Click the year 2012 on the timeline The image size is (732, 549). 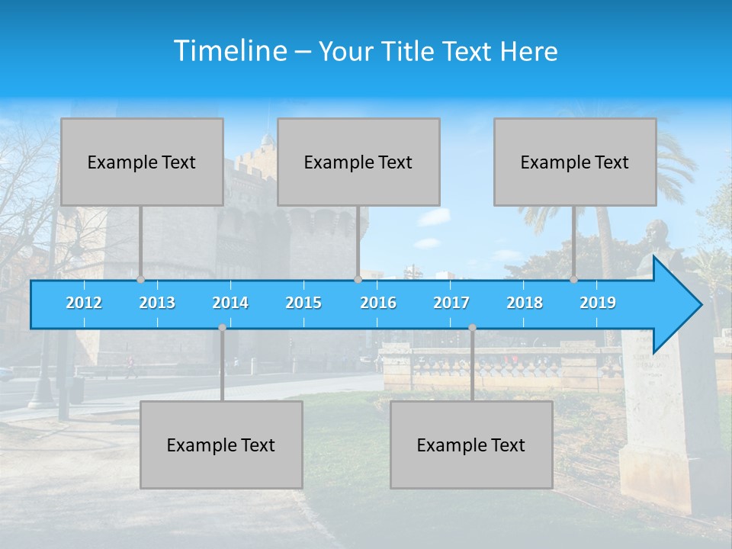click(84, 303)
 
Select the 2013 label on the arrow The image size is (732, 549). click(157, 303)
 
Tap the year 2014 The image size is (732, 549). click(230, 303)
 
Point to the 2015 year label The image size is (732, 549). click(303, 303)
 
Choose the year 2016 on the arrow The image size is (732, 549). click(378, 303)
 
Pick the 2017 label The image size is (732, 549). click(451, 303)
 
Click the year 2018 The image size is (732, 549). click(525, 303)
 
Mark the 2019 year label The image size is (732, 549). click(598, 303)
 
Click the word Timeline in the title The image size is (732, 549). click(229, 51)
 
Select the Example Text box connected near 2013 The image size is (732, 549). click(142, 162)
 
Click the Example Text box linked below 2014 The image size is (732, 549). click(221, 445)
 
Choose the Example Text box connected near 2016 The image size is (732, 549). click(358, 162)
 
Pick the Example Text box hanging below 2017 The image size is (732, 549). click(471, 445)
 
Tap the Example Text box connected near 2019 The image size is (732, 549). click(575, 162)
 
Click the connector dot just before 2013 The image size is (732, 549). click(141, 280)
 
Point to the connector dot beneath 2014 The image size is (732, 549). click(222, 328)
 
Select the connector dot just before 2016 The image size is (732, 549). click(358, 280)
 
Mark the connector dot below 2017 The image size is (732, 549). click(472, 328)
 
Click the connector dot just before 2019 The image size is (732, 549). click(574, 280)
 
